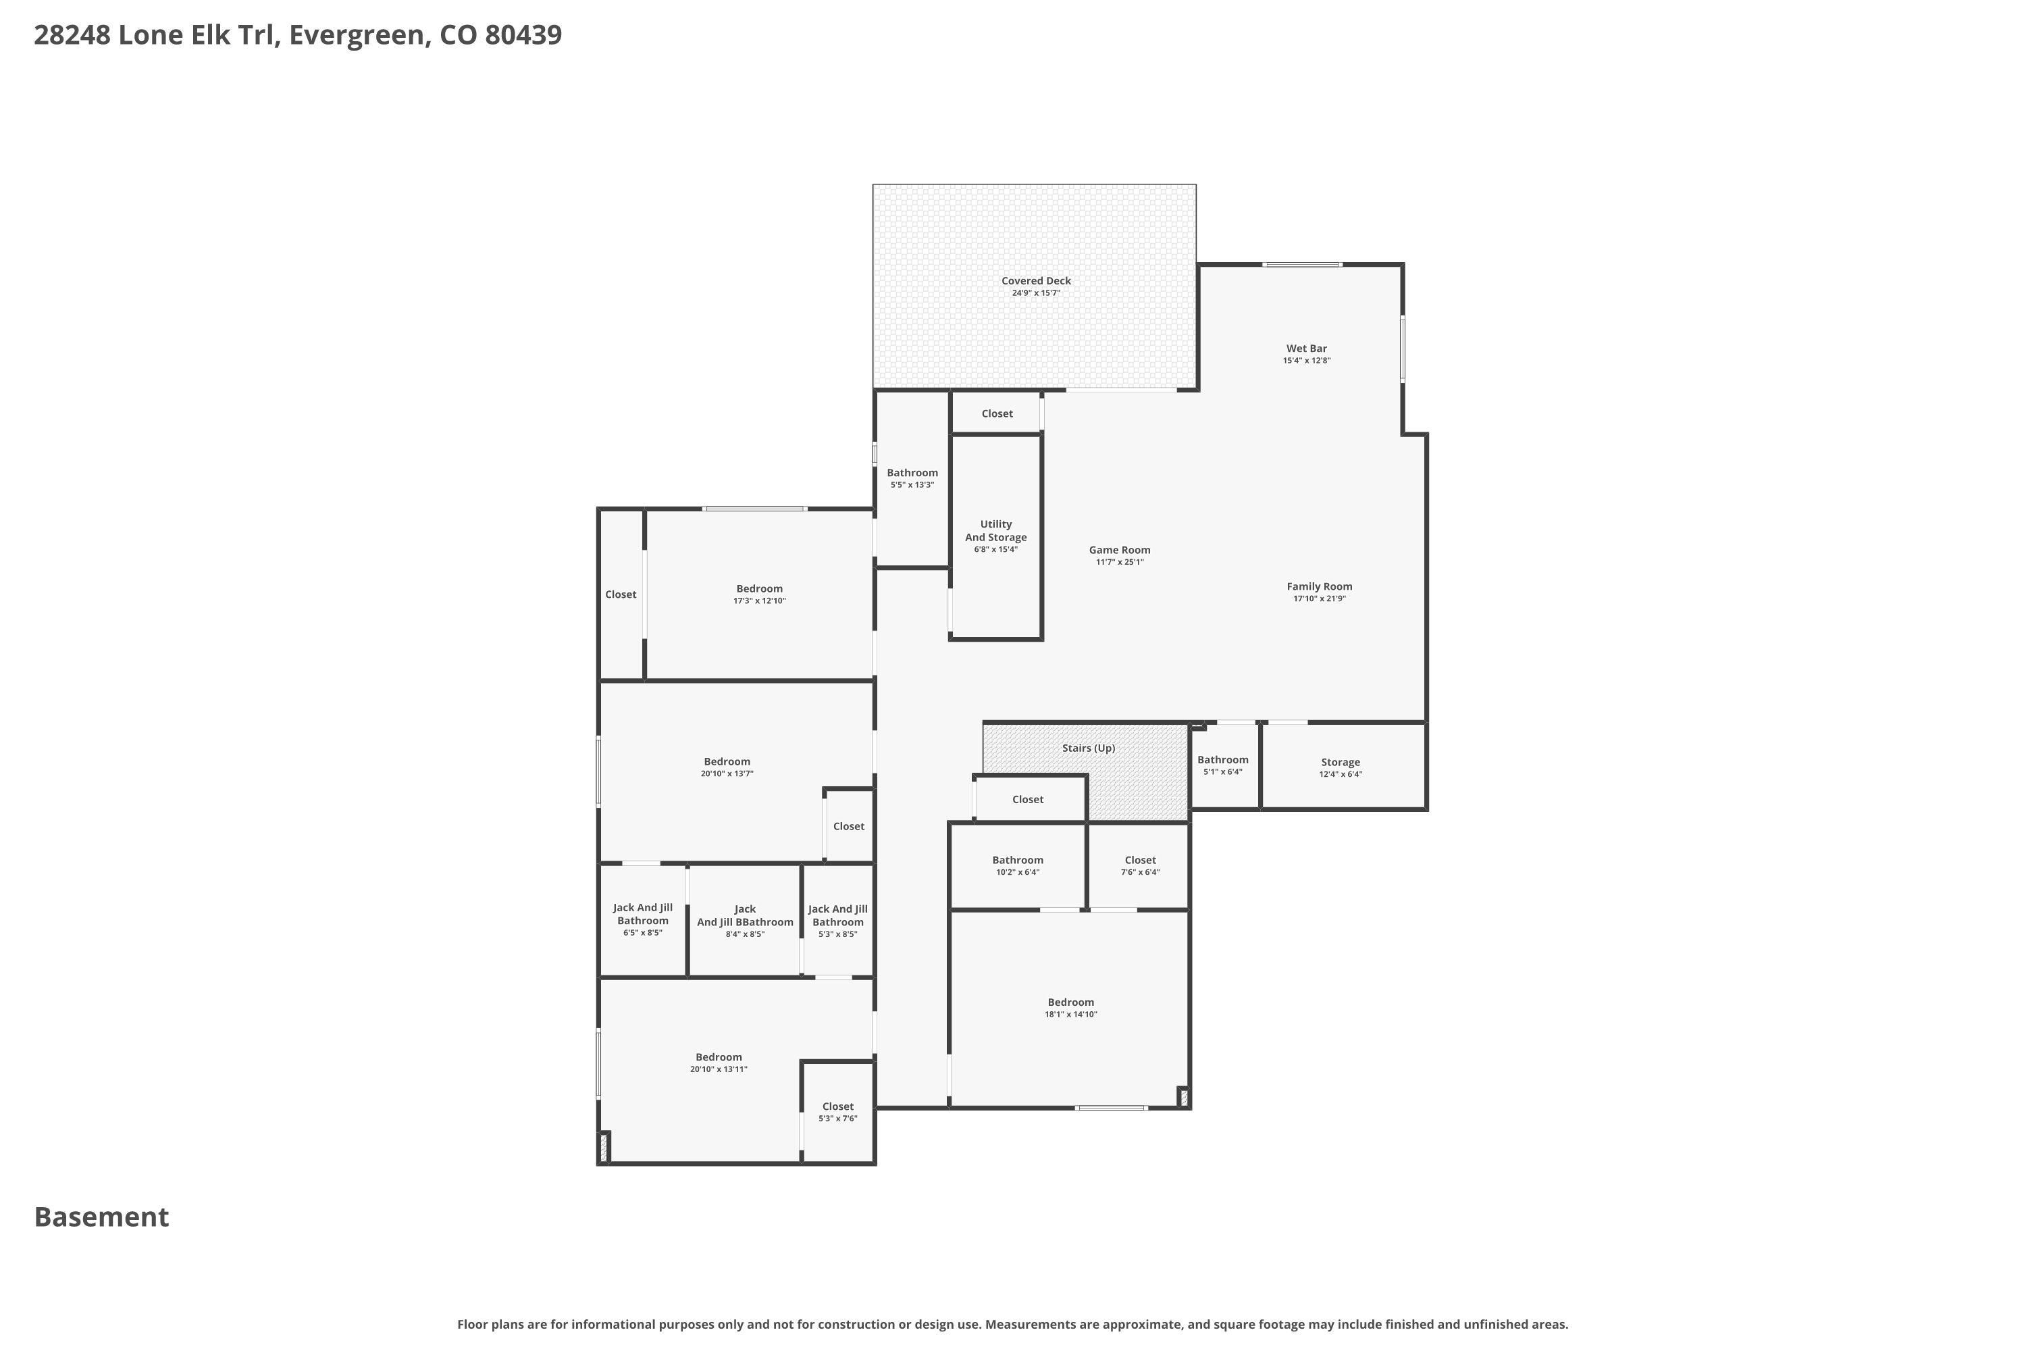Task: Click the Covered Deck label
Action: pos(1035,281)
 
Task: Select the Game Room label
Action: pos(1119,550)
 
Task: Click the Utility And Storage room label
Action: pos(995,531)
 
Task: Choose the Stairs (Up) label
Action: pos(1088,748)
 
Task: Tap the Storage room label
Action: pos(1341,763)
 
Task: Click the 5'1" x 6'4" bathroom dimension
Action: pos(1222,772)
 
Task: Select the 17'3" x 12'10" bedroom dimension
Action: pos(759,601)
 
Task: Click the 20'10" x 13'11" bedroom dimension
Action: pos(719,1070)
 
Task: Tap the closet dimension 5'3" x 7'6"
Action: pos(837,1119)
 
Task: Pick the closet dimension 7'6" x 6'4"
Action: pos(1140,873)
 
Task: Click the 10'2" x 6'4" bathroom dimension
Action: pos(1017,873)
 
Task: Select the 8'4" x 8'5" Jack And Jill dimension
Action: pos(744,935)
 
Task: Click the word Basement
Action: pos(102,1217)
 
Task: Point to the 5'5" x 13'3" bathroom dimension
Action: pos(912,485)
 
